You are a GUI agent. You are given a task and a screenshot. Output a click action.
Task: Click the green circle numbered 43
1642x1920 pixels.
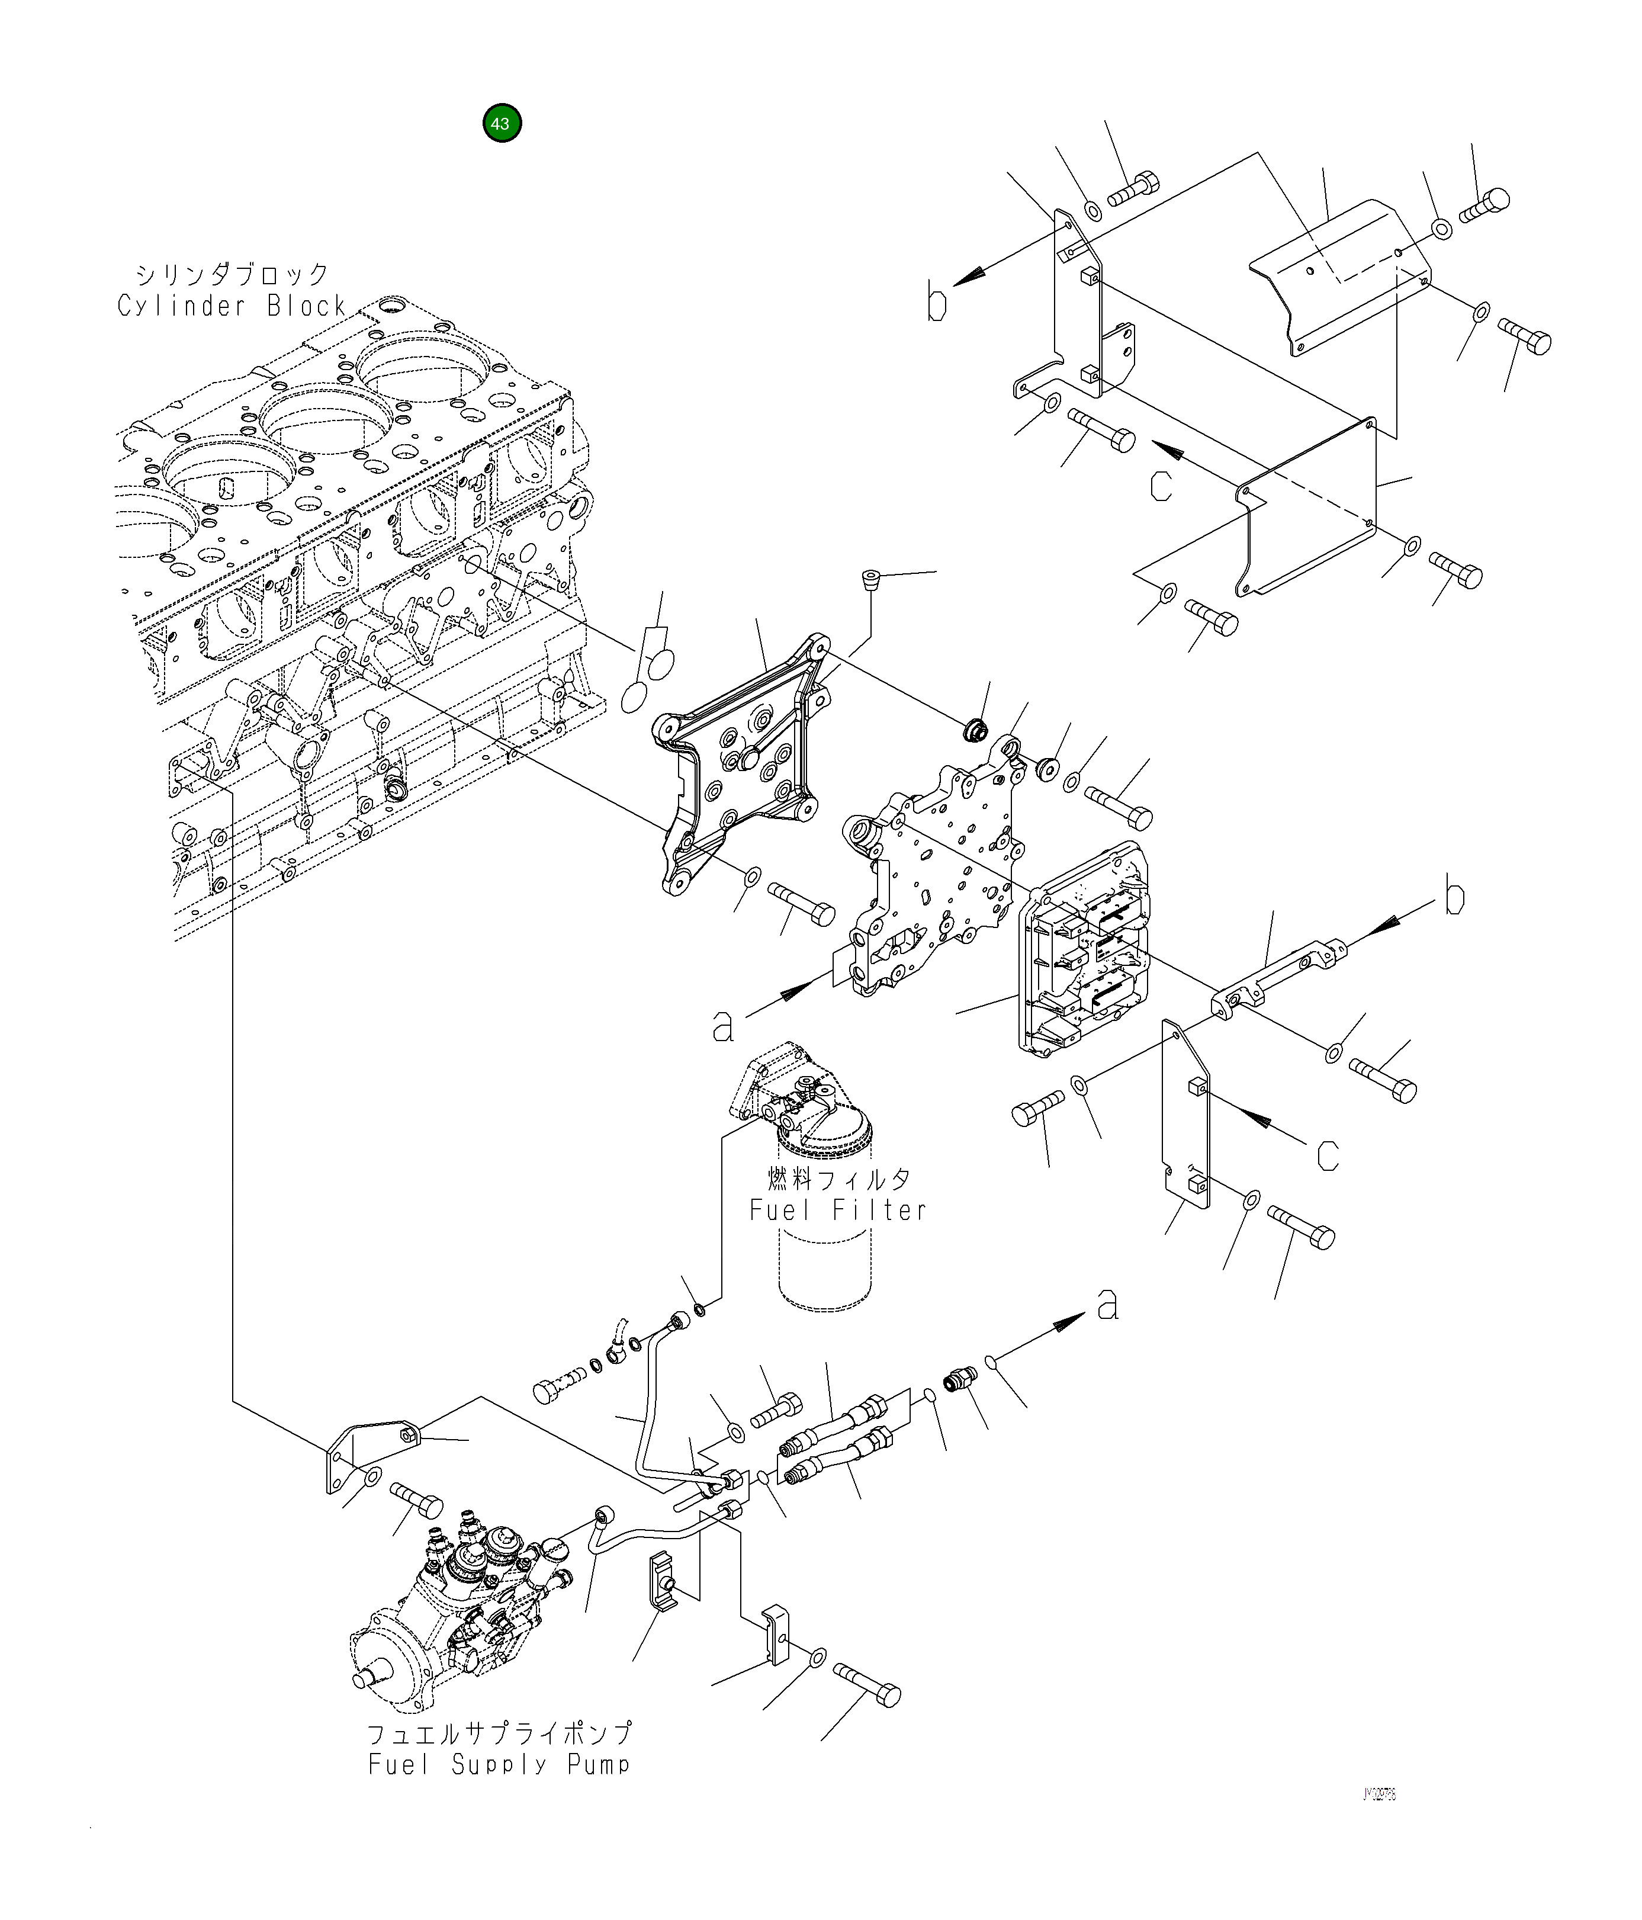click(502, 123)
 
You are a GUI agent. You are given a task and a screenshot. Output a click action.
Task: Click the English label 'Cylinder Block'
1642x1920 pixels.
click(232, 306)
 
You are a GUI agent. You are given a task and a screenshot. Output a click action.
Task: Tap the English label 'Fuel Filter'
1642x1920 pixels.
click(838, 1209)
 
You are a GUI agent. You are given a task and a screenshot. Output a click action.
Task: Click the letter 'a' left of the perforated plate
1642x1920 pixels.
click(723, 1026)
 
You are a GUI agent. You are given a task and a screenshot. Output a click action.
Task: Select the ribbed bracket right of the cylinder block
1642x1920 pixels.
click(741, 760)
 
